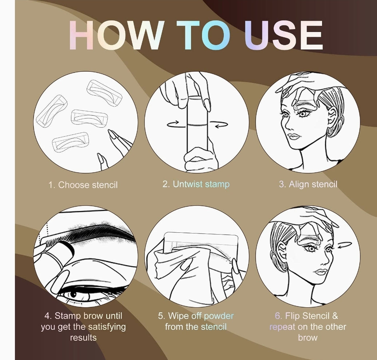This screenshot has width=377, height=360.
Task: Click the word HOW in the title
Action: tap(116, 35)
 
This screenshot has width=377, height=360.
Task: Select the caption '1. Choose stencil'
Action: tap(83, 185)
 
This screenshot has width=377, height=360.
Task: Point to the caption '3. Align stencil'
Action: tap(308, 184)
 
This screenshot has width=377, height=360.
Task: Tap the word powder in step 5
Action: tap(218, 316)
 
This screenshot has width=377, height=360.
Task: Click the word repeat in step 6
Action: tap(282, 327)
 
